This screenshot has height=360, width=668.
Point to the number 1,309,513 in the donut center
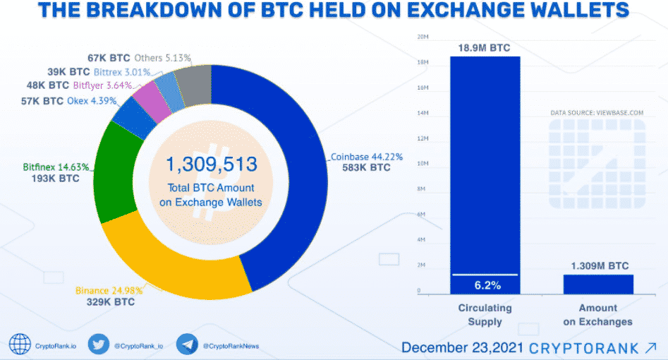[212, 165]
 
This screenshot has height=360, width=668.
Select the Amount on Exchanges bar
[597, 284]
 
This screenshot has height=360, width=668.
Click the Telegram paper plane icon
[186, 344]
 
